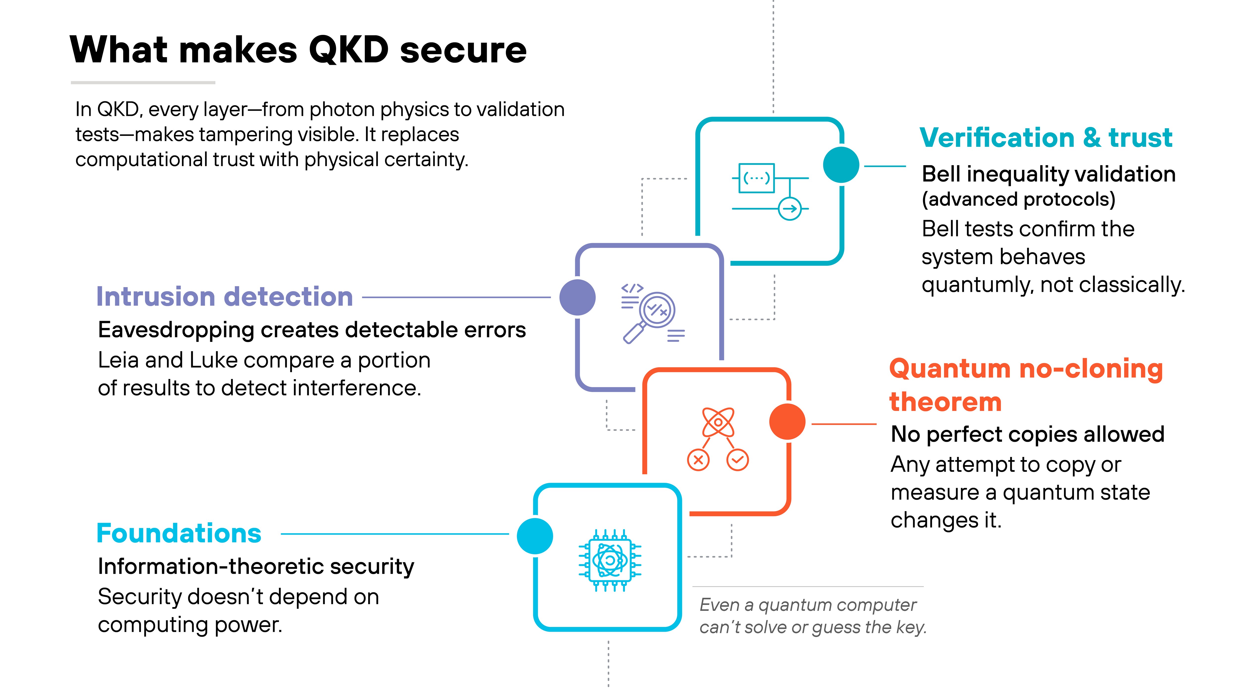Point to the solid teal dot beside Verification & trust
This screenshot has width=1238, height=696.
(841, 165)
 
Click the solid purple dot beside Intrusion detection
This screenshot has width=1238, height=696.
(578, 297)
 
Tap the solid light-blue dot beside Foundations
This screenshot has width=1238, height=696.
(535, 536)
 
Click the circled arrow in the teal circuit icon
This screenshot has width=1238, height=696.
(790, 208)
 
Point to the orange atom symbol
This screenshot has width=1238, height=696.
(718, 422)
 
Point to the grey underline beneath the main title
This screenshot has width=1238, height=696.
(143, 83)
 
